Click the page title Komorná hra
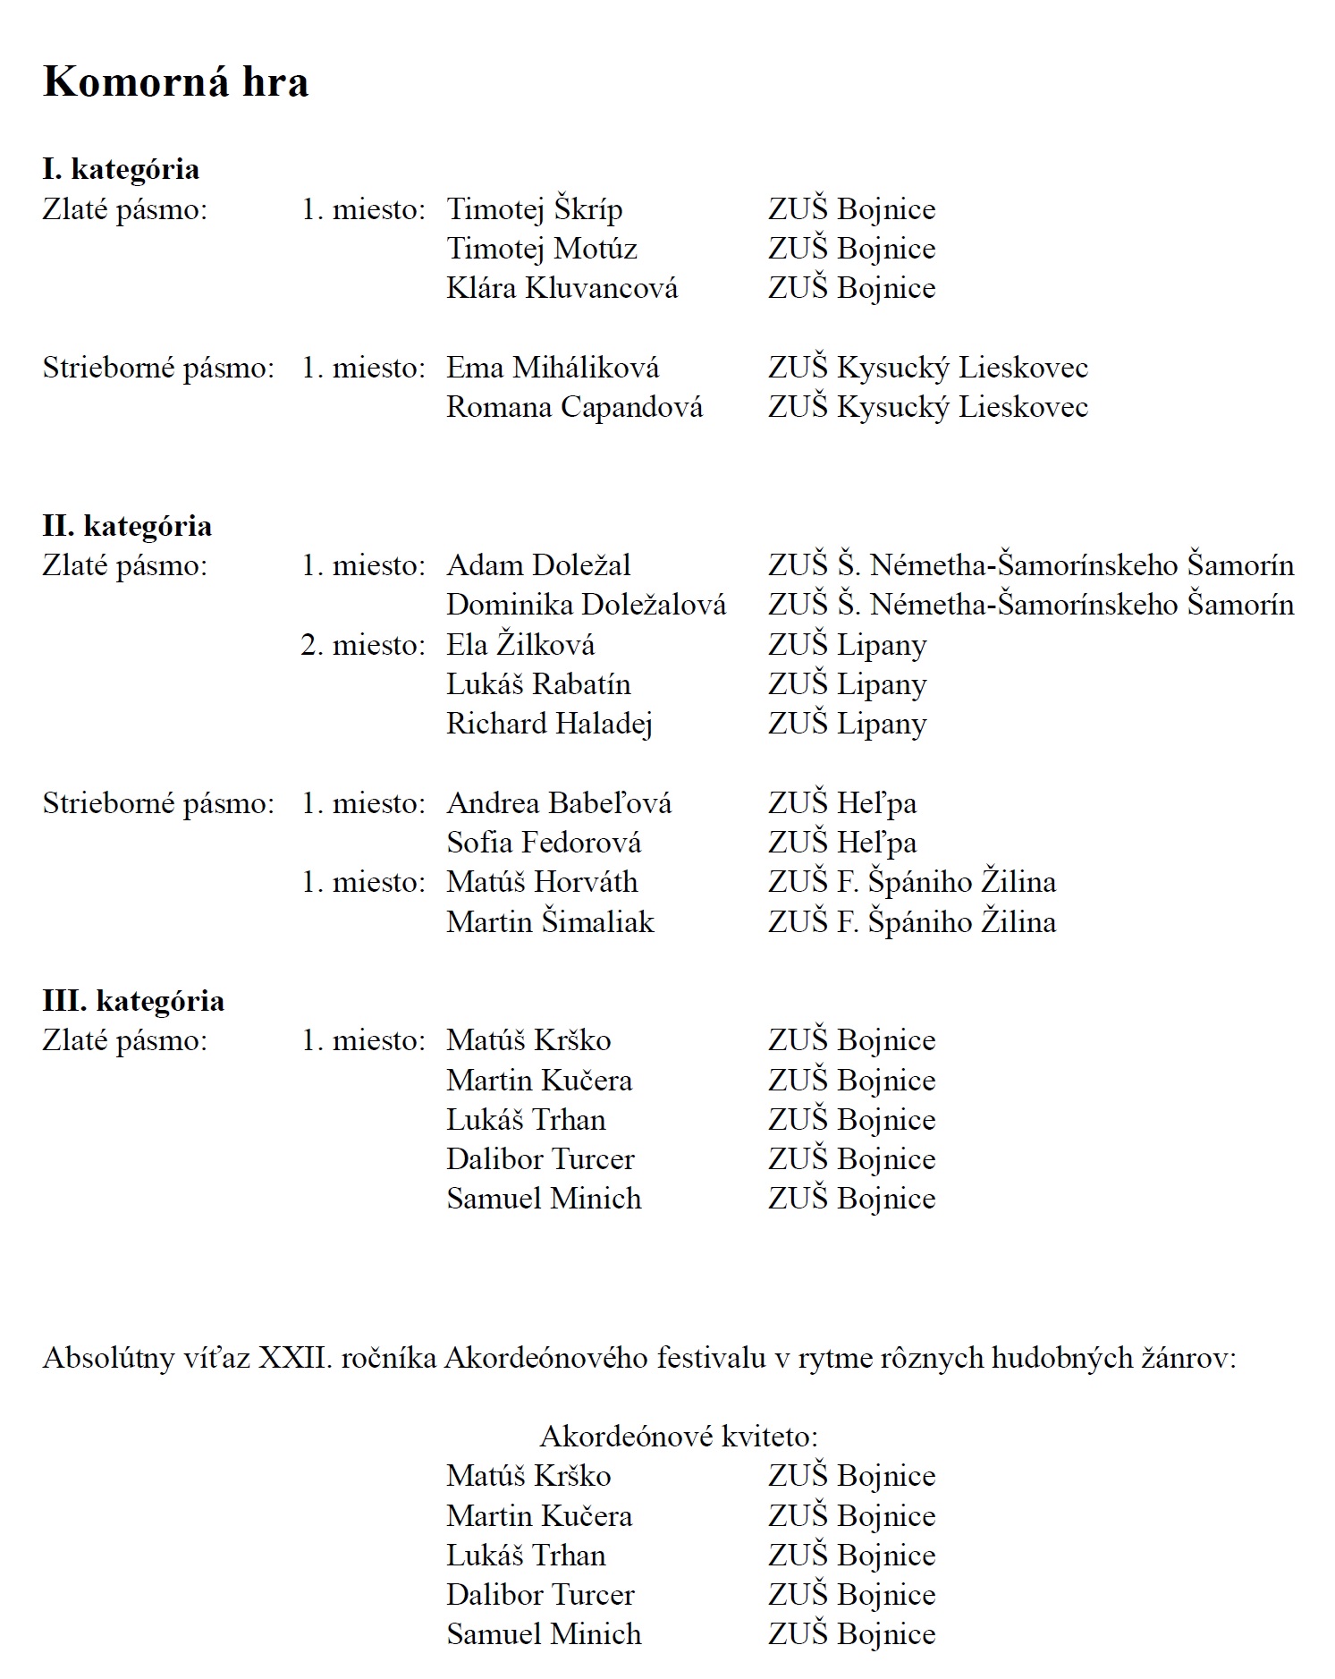pyautogui.click(x=175, y=82)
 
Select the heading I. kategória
pyautogui.click(x=121, y=169)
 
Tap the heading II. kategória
pyautogui.click(x=127, y=526)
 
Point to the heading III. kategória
pyautogui.click(x=133, y=1001)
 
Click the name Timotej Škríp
pyautogui.click(x=534, y=209)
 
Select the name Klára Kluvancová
pyautogui.click(x=562, y=288)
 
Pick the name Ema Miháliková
pyautogui.click(x=553, y=368)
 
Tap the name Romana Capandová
pyautogui.click(x=574, y=407)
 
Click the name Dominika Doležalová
pyautogui.click(x=586, y=605)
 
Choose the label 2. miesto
pyautogui.click(x=362, y=645)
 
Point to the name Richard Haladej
pyautogui.click(x=549, y=724)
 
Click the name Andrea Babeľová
pyautogui.click(x=559, y=803)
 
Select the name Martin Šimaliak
pyautogui.click(x=550, y=922)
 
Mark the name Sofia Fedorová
pyautogui.click(x=544, y=843)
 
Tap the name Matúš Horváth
pyautogui.click(x=542, y=882)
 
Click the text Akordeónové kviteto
pyautogui.click(x=679, y=1437)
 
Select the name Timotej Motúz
pyautogui.click(x=541, y=249)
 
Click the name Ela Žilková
pyautogui.click(x=520, y=645)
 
